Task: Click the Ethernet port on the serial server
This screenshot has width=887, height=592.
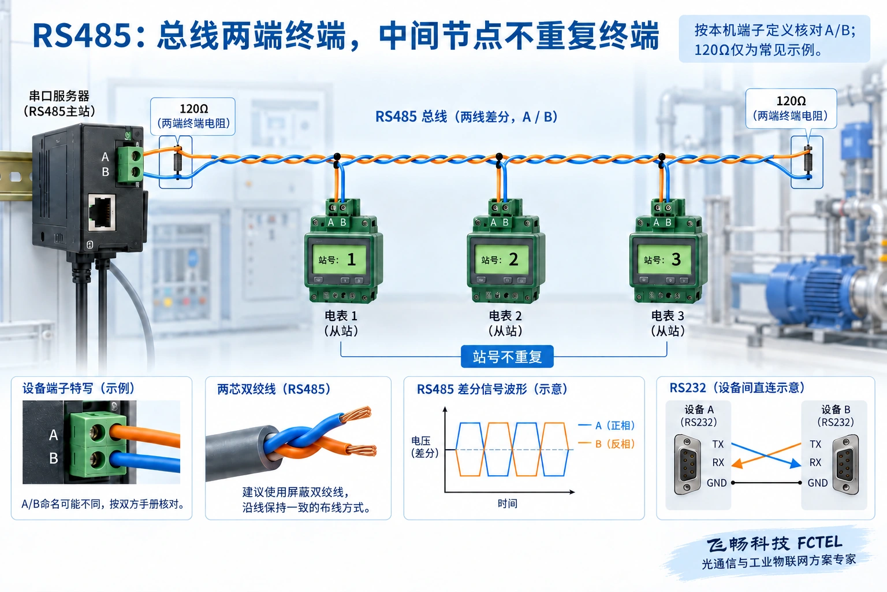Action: click(x=102, y=213)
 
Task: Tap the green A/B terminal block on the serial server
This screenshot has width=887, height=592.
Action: click(x=130, y=164)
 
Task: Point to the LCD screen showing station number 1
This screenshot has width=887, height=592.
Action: click(x=338, y=260)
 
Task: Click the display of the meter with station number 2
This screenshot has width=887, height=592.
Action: click(x=501, y=260)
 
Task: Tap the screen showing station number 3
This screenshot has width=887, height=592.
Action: click(x=664, y=260)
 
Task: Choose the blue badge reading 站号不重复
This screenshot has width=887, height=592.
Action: click(x=507, y=357)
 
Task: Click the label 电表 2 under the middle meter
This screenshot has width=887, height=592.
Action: click(x=505, y=316)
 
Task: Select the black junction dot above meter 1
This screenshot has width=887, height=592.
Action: click(x=337, y=156)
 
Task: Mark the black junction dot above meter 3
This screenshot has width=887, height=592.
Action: click(x=661, y=157)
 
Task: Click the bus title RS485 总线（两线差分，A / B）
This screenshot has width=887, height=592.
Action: click(x=467, y=117)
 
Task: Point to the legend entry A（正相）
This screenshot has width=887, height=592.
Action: click(x=615, y=425)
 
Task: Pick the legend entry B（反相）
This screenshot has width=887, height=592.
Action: click(x=615, y=443)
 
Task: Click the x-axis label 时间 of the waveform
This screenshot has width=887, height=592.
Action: click(x=508, y=504)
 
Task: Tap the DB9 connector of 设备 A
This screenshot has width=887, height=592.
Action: click(x=687, y=464)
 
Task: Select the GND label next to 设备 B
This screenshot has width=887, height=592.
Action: click(x=818, y=483)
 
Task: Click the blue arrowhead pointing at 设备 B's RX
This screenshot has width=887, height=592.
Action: click(x=795, y=463)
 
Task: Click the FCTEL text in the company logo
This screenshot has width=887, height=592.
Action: click(x=819, y=543)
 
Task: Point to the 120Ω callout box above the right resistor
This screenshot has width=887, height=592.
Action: click(x=791, y=108)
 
